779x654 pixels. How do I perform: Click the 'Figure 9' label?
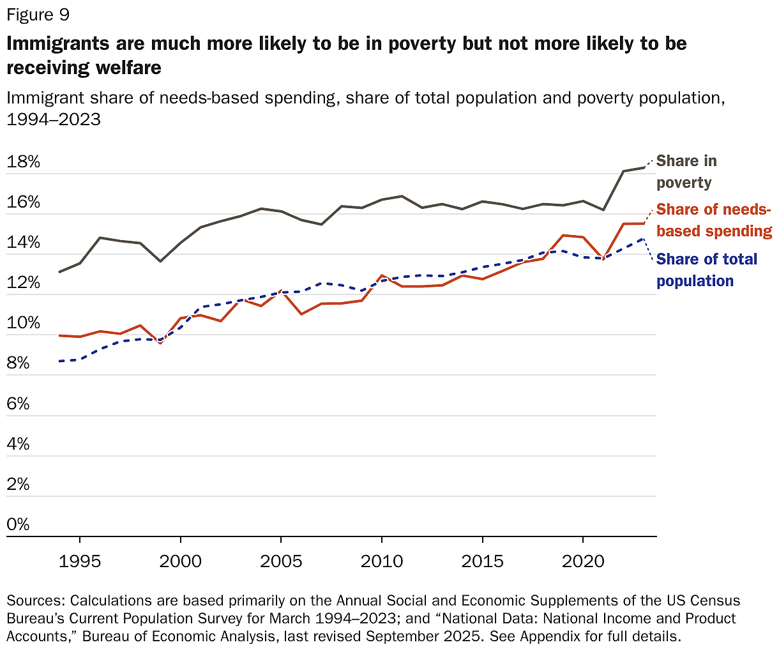[38, 15]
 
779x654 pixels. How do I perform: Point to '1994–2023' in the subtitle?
[54, 119]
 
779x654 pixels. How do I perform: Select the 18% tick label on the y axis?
[24, 162]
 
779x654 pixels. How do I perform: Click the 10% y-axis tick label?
[24, 323]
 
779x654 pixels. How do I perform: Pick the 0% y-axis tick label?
[19, 524]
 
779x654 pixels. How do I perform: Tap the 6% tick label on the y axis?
[19, 404]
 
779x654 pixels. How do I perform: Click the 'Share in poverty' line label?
[686, 172]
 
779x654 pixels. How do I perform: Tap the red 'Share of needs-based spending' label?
[713, 220]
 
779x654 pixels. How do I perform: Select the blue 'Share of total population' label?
[706, 270]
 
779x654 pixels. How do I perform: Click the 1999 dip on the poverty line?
[160, 261]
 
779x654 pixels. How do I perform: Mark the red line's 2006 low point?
[301, 314]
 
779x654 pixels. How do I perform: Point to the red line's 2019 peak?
[563, 235]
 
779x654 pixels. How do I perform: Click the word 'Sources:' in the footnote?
[36, 601]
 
